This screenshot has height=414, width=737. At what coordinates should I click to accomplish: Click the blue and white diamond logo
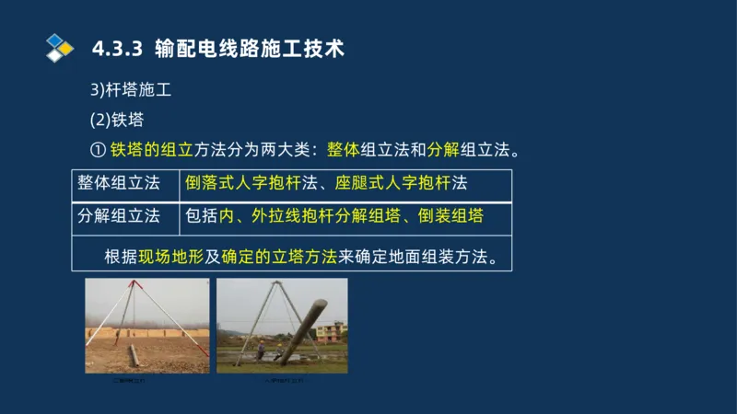click(x=59, y=47)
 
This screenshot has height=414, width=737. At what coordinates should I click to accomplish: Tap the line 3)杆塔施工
click(x=131, y=91)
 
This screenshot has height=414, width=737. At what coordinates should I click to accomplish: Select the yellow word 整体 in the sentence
click(x=342, y=150)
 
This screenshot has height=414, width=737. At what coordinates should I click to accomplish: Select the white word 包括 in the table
click(x=201, y=216)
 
